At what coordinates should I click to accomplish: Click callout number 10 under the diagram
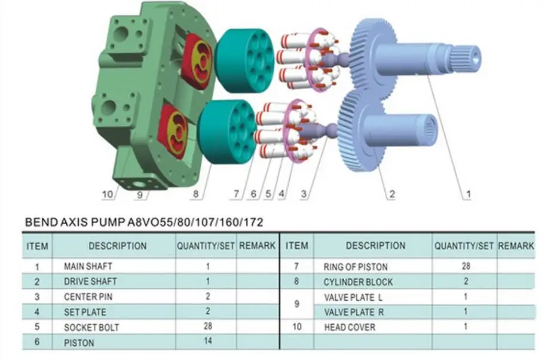pyautogui.click(x=108, y=194)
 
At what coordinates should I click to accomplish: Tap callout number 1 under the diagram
pyautogui.click(x=469, y=194)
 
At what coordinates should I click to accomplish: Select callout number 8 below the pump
pyautogui.click(x=195, y=194)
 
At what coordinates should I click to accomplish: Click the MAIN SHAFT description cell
pyautogui.click(x=88, y=266)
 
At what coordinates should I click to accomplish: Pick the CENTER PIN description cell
pyautogui.click(x=88, y=297)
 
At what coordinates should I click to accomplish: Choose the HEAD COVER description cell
pyautogui.click(x=350, y=327)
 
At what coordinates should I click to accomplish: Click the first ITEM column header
pyautogui.click(x=38, y=246)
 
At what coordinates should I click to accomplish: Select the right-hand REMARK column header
pyautogui.click(x=516, y=246)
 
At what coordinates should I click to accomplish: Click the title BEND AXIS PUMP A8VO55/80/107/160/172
pyautogui.click(x=143, y=222)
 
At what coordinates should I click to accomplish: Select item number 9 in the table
pyautogui.click(x=297, y=304)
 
